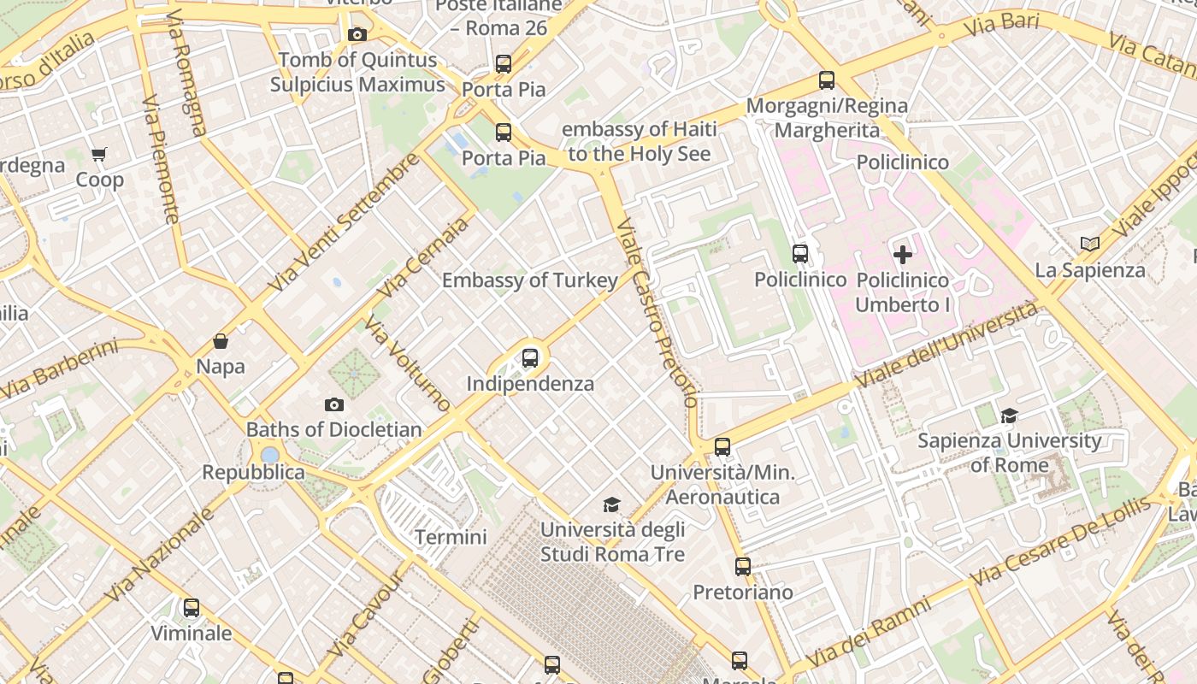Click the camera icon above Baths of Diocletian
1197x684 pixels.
click(x=334, y=404)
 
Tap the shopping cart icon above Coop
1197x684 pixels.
click(x=99, y=155)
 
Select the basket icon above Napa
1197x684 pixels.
click(x=221, y=341)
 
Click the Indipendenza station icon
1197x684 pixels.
click(x=530, y=358)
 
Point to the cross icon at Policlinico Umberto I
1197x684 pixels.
click(x=903, y=255)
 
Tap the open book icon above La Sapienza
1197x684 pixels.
click(x=1089, y=245)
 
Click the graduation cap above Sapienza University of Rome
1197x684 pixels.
click(x=1009, y=416)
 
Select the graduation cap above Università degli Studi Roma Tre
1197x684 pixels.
click(x=611, y=504)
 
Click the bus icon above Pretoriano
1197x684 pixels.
click(x=742, y=566)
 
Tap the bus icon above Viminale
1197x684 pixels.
click(x=192, y=608)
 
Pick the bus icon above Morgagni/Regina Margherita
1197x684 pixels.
click(x=826, y=80)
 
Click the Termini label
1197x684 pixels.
click(x=451, y=538)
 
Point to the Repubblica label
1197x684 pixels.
click(x=253, y=472)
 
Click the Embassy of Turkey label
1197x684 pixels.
click(x=529, y=280)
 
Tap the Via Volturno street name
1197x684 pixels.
click(x=407, y=363)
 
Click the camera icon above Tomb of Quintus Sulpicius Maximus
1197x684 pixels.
click(x=357, y=35)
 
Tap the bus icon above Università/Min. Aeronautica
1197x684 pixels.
click(x=722, y=446)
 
